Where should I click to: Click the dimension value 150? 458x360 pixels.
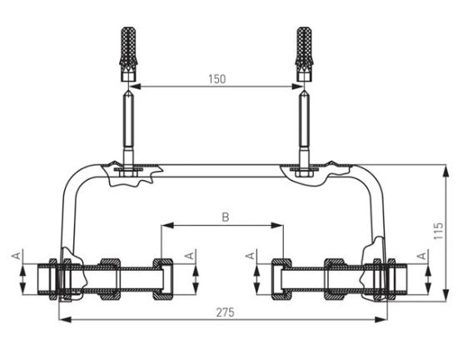[217, 79]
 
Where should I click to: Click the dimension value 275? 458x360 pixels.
[225, 312]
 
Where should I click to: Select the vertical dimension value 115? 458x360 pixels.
[438, 231]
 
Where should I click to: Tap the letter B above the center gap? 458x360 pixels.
[225, 217]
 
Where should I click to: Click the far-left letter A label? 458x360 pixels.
[17, 255]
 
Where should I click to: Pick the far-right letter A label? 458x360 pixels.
[422, 256]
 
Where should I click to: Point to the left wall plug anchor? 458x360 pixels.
[128, 54]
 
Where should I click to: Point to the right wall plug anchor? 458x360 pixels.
[304, 54]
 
